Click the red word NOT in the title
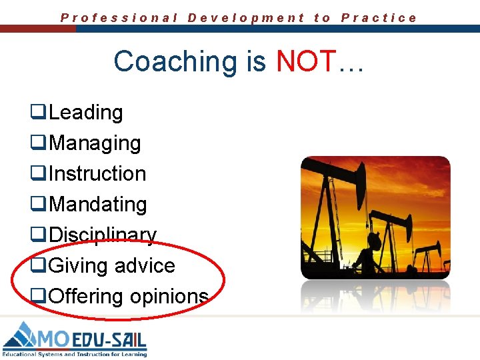pyautogui.click(x=307, y=61)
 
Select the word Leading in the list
pyautogui.click(x=86, y=113)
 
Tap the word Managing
pyautogui.click(x=95, y=143)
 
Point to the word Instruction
pyautogui.click(x=97, y=173)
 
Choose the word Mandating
pyautogui.click(x=98, y=204)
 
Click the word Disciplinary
pyautogui.click(x=103, y=235)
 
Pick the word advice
pyautogui.click(x=145, y=265)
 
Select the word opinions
pyautogui.click(x=169, y=296)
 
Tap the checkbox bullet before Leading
pyautogui.click(x=37, y=113)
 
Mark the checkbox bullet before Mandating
pyautogui.click(x=37, y=205)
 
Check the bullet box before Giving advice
pyautogui.click(x=37, y=266)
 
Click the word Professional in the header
pyautogui.click(x=119, y=18)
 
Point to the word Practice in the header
pyautogui.click(x=379, y=18)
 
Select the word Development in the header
pyautogui.click(x=246, y=18)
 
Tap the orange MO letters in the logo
pyautogui.click(x=57, y=338)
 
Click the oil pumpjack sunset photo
pyautogui.click(x=375, y=217)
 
